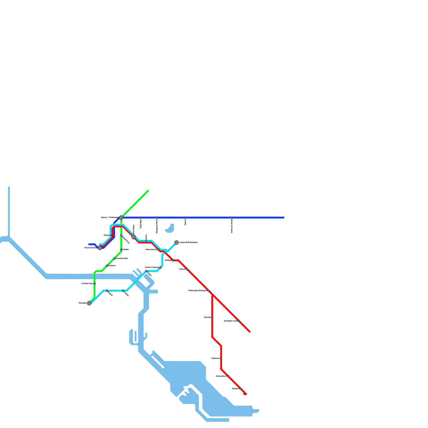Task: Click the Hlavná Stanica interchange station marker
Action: pos(100,248)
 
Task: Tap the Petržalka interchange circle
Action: pos(89,303)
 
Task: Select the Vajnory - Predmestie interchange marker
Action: pos(121,217)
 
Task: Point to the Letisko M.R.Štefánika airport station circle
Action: pos(177,242)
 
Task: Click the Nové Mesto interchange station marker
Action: pos(134,237)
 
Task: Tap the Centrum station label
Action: pos(112,266)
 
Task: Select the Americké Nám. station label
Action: pos(122,258)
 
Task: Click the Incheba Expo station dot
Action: pos(94,284)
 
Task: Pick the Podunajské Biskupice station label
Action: pos(198,291)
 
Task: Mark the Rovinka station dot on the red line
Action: pos(212,318)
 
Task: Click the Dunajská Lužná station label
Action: pos(231,321)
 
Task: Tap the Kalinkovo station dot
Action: pos(221,358)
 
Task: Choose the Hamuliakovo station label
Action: pos(221,376)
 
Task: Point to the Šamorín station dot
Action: pos(241,389)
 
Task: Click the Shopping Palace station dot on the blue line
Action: pos(157,217)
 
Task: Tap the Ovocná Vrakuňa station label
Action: pos(152,267)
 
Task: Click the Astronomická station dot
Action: pos(159,250)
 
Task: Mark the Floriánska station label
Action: pos(108,235)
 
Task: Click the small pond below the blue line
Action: pos(170,229)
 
